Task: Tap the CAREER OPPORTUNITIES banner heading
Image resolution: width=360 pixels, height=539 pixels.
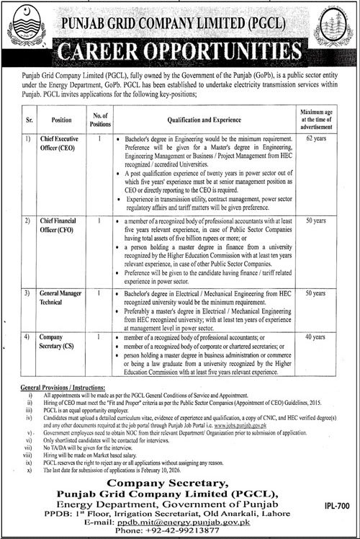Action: coord(180,52)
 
